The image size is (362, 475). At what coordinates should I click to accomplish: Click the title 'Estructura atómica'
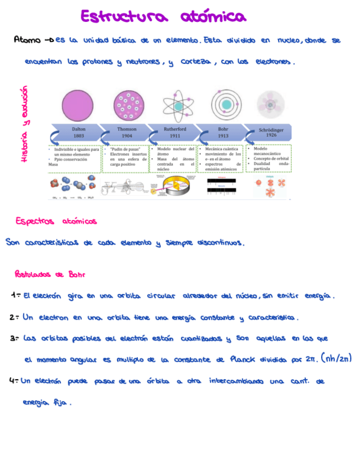163,17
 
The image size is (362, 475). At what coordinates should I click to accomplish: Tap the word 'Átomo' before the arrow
27,41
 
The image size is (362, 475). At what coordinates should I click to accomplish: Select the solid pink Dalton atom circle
78,105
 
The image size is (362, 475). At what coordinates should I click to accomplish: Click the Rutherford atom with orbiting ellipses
178,105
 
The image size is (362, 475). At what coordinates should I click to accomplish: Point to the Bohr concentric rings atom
226,105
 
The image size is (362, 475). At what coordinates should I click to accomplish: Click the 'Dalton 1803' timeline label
79,132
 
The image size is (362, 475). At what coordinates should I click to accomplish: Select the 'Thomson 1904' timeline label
127,132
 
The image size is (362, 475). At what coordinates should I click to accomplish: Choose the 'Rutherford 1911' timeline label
175,132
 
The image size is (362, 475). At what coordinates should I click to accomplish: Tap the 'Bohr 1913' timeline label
223,132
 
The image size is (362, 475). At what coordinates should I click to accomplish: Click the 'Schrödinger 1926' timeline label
271,132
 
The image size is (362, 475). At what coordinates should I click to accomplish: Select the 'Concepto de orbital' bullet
272,158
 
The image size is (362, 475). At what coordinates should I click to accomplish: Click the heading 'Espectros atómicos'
56,221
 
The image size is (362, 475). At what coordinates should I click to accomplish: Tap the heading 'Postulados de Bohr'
49,275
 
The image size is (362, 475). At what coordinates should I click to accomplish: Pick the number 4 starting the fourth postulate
12,381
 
